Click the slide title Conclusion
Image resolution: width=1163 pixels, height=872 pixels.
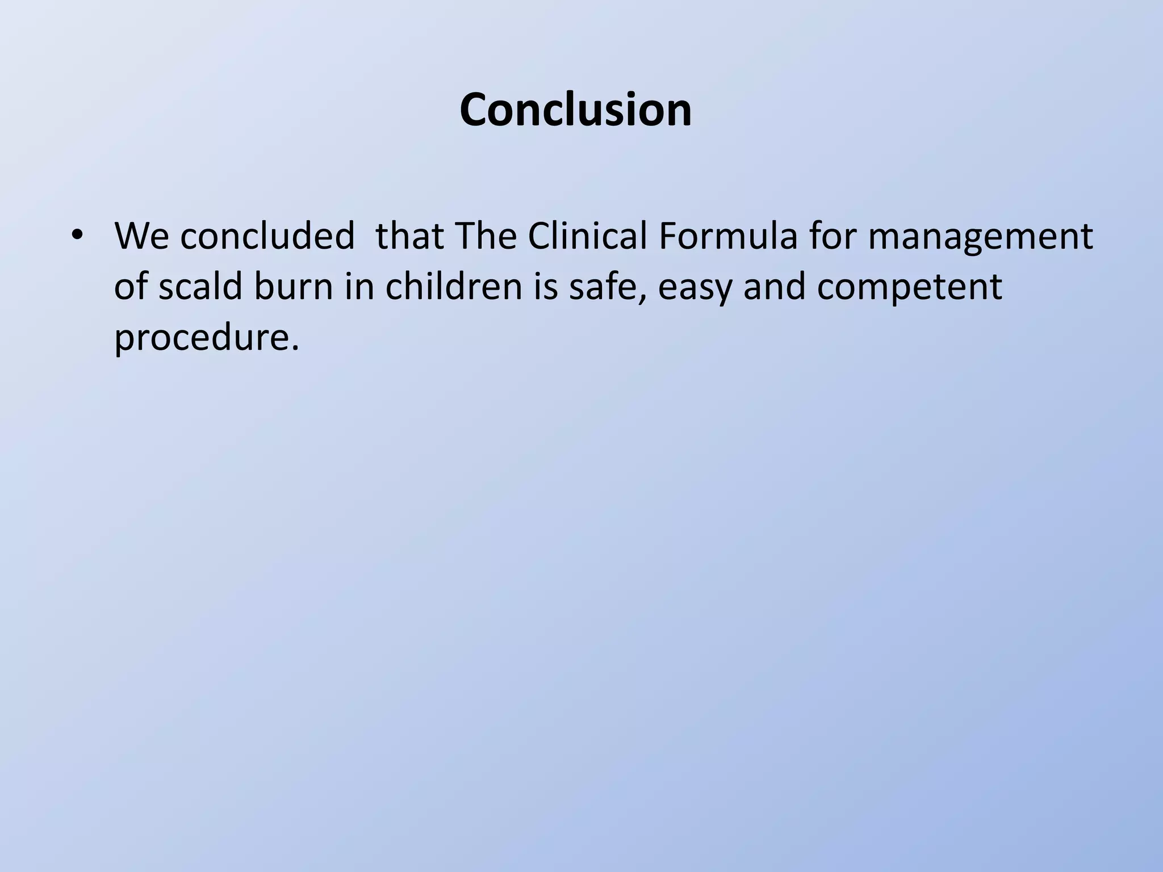575,110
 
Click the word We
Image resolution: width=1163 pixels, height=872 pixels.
141,236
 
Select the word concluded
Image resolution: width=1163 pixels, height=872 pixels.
267,236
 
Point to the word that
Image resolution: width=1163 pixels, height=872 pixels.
409,236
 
